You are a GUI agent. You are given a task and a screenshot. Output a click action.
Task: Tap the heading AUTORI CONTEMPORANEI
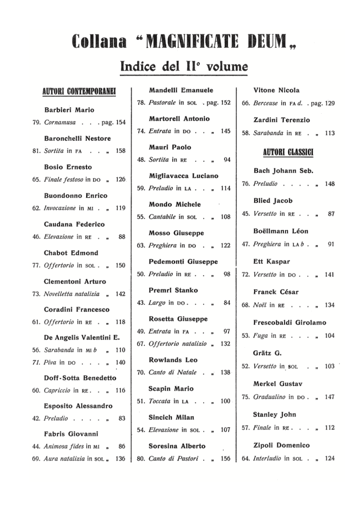pyautogui.click(x=79, y=91)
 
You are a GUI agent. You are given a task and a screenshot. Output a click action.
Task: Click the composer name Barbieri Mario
pyautogui.click(x=69, y=110)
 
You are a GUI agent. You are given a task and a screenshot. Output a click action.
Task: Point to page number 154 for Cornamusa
pyautogui.click(x=121, y=123)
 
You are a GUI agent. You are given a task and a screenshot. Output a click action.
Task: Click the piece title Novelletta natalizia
pyautogui.click(x=72, y=294)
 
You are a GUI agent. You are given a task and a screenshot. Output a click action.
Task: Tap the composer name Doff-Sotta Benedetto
pyautogui.click(x=80, y=378)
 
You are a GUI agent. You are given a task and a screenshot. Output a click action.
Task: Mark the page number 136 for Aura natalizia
pyautogui.click(x=121, y=459)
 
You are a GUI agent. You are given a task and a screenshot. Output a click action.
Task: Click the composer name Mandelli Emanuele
pyautogui.click(x=181, y=90)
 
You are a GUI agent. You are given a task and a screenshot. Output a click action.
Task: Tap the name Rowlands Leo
pyautogui.click(x=173, y=360)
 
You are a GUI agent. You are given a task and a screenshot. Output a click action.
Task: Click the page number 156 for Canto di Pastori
pyautogui.click(x=225, y=459)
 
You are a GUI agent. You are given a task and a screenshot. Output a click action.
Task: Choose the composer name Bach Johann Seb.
pyautogui.click(x=283, y=171)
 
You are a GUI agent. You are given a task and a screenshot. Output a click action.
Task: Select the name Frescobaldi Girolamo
pyautogui.click(x=289, y=322)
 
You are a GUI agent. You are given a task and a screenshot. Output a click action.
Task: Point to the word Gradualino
pyautogui.click(x=269, y=397)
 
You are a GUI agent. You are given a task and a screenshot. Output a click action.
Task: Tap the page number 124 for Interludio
pyautogui.click(x=330, y=459)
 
